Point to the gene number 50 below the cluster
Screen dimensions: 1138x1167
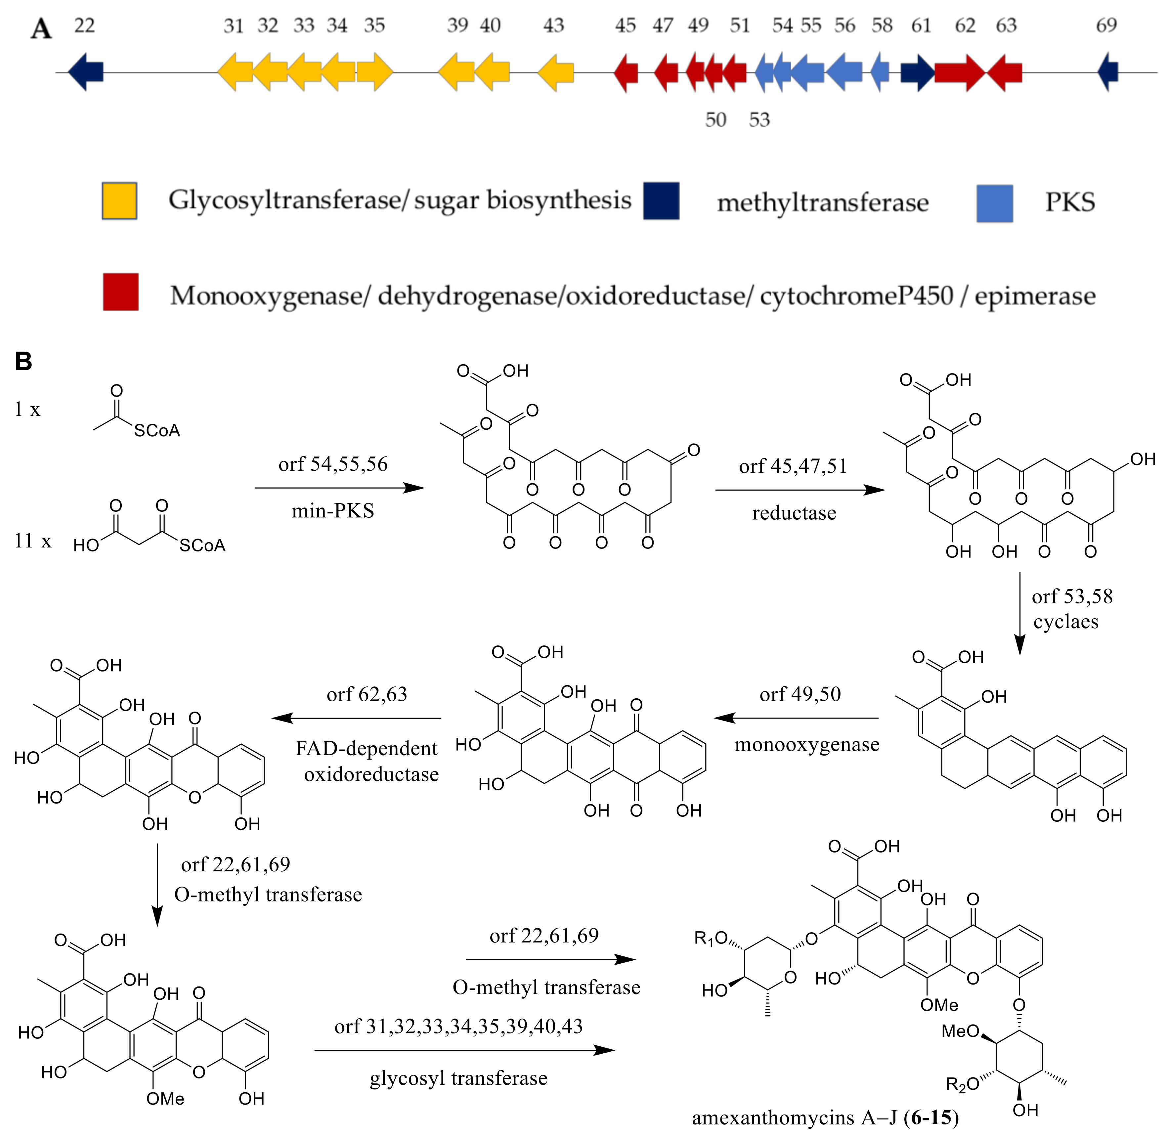pos(715,119)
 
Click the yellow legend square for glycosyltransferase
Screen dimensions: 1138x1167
pos(119,201)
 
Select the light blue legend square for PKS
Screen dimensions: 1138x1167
pos(994,203)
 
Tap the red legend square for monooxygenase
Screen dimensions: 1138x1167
pos(121,292)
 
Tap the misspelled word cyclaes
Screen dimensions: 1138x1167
pos(1066,622)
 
